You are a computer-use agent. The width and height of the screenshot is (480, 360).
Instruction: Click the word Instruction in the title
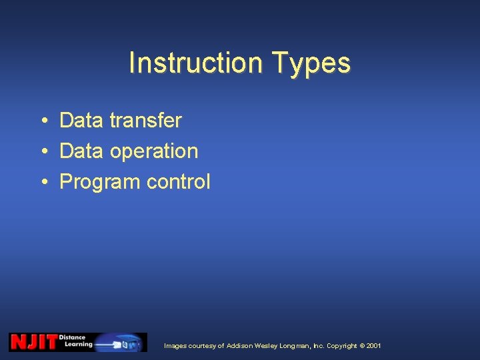[191, 63]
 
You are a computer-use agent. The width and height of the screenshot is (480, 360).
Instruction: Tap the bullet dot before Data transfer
[42, 121]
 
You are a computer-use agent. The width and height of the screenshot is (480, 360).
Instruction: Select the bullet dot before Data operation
[42, 151]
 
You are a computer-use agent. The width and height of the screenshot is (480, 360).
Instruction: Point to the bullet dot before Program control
[42, 182]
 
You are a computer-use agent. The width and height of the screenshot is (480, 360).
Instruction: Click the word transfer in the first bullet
[145, 121]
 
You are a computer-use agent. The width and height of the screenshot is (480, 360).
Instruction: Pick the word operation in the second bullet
[154, 151]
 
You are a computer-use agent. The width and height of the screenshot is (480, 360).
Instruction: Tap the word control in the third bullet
[178, 182]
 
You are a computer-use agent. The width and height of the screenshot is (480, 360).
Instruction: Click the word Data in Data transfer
[82, 121]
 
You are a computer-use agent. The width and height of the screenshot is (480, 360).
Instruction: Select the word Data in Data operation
[82, 151]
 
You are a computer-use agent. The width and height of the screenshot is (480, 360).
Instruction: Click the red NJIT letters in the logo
[33, 342]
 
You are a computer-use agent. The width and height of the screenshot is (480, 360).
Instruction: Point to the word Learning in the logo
[79, 345]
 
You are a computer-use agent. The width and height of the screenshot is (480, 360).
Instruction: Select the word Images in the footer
[175, 346]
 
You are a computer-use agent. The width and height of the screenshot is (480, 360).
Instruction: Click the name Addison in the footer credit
[241, 346]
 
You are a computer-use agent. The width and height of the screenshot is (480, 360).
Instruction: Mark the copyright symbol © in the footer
[362, 346]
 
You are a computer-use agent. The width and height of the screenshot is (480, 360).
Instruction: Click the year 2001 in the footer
[374, 346]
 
